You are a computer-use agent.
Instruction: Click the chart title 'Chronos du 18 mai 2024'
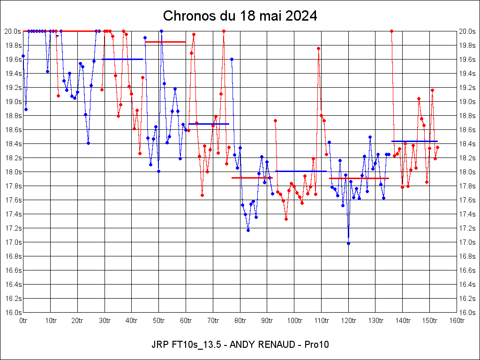pos(240,16)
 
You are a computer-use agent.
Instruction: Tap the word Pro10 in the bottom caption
pos(316,345)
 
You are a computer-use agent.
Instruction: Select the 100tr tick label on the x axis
pos(294,320)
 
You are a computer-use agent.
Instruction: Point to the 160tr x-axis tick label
pos(457,320)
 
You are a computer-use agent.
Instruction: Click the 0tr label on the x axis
pos(23,320)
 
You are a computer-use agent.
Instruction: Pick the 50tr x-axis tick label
pos(159,320)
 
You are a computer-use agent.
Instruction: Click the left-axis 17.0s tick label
pos(13,242)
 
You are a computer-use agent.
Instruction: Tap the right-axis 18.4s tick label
pos(467,144)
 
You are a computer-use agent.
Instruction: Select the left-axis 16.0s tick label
pos(13,313)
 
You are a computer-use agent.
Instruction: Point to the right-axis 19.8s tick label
pos(467,45)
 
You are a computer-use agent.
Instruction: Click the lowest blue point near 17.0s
pos(348,243)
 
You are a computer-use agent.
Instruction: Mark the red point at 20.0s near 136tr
pos(391,31)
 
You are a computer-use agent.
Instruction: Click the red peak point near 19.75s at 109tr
pos(318,48)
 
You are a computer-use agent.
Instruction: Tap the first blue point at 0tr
pos(23,56)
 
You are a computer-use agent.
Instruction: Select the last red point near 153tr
pos(437,147)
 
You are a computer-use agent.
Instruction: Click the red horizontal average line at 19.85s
pos(165,42)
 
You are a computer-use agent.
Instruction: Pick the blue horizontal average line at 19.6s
pos(122,59)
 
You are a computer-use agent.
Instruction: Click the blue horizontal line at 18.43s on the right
pos(414,141)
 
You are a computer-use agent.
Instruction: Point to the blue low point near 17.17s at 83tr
pos(248,230)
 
